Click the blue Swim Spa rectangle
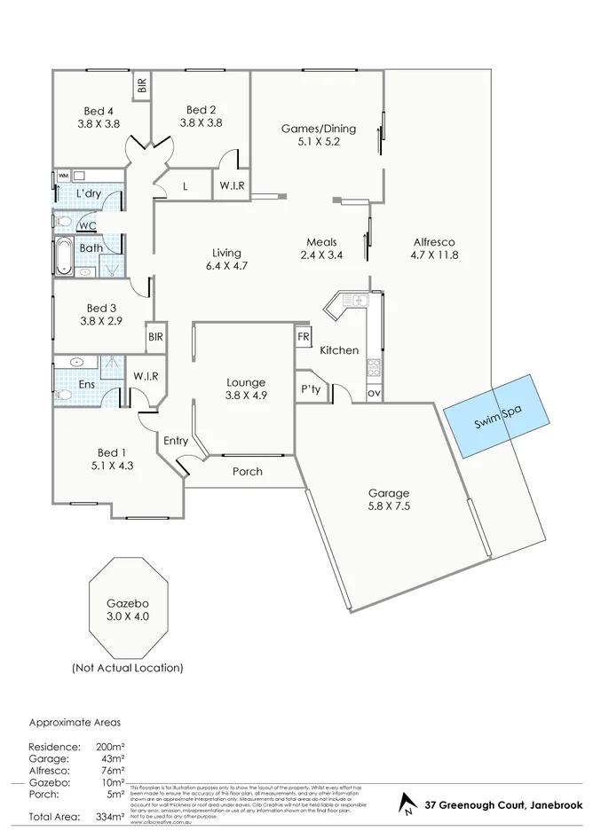click(492, 416)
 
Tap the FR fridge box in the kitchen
click(304, 337)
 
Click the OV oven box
click(374, 393)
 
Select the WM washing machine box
click(63, 176)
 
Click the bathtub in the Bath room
click(63, 257)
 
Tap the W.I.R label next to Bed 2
click(233, 185)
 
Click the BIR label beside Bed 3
click(156, 337)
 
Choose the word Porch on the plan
click(247, 471)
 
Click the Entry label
click(176, 441)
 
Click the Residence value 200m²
click(111, 747)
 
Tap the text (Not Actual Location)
click(127, 667)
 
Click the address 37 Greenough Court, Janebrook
click(503, 805)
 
